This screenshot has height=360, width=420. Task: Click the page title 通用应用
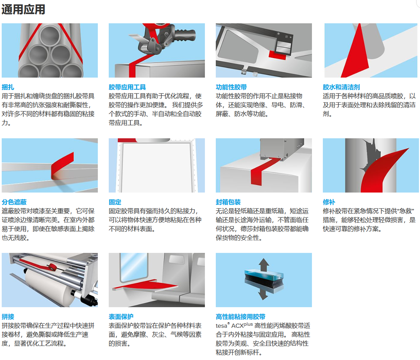(x=23, y=9)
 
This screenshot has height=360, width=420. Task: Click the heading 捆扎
(x=8, y=87)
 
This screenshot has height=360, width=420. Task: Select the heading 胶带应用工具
(x=127, y=87)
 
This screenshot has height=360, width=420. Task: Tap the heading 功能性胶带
(x=231, y=87)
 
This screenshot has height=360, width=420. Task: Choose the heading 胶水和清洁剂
(x=341, y=87)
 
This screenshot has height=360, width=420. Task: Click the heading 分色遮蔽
(x=14, y=202)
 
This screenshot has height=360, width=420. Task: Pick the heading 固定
(x=115, y=202)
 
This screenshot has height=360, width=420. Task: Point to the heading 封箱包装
(x=228, y=202)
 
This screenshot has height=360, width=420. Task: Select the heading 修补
(x=329, y=202)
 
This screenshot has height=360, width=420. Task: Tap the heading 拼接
(x=8, y=317)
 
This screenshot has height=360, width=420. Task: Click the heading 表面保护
(x=121, y=317)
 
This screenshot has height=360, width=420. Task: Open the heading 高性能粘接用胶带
(x=240, y=317)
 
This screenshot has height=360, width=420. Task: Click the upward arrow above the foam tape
(x=264, y=265)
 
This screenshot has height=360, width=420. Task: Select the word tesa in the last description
(x=221, y=326)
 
